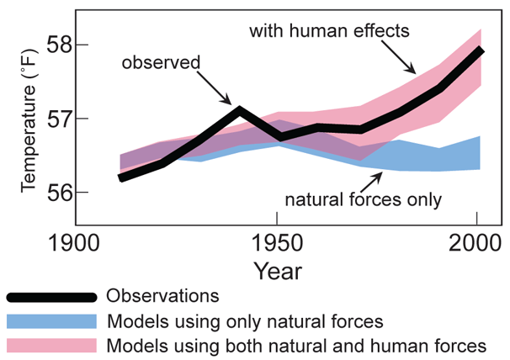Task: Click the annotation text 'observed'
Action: pyautogui.click(x=161, y=63)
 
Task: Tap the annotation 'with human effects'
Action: pyautogui.click(x=329, y=31)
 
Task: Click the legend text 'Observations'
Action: pyautogui.click(x=163, y=296)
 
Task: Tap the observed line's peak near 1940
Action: pyautogui.click(x=239, y=109)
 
